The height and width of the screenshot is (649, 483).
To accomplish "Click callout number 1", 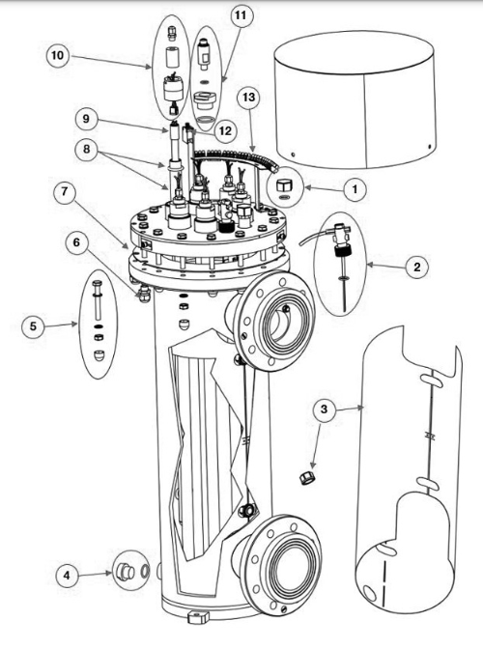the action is tap(355, 189).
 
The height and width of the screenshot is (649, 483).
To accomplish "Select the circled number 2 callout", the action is tap(416, 267).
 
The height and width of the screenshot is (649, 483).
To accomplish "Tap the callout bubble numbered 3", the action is tap(324, 409).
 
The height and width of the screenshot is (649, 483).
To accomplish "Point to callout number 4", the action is tap(67, 575).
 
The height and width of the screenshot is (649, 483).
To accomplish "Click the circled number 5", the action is tap(33, 326).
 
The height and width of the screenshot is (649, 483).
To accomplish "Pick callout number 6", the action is tap(77, 242).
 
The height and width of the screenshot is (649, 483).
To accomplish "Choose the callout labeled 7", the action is tap(64, 192).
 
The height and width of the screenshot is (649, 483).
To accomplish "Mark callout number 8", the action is tap(86, 149).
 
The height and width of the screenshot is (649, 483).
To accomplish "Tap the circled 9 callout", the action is tap(86, 119).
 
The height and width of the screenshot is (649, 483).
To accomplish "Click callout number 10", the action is tap(58, 55).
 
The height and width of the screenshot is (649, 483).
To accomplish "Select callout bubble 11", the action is tap(241, 15).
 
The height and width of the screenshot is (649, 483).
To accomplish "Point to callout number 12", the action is tap(225, 130).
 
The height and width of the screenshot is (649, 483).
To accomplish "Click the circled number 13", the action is tap(248, 98).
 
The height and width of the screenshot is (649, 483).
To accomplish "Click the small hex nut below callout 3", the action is tap(307, 478).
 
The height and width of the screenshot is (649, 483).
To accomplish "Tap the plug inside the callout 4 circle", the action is tap(125, 573).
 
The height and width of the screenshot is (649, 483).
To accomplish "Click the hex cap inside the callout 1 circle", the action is tap(285, 185).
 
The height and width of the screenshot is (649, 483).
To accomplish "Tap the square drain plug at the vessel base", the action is tap(197, 618).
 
